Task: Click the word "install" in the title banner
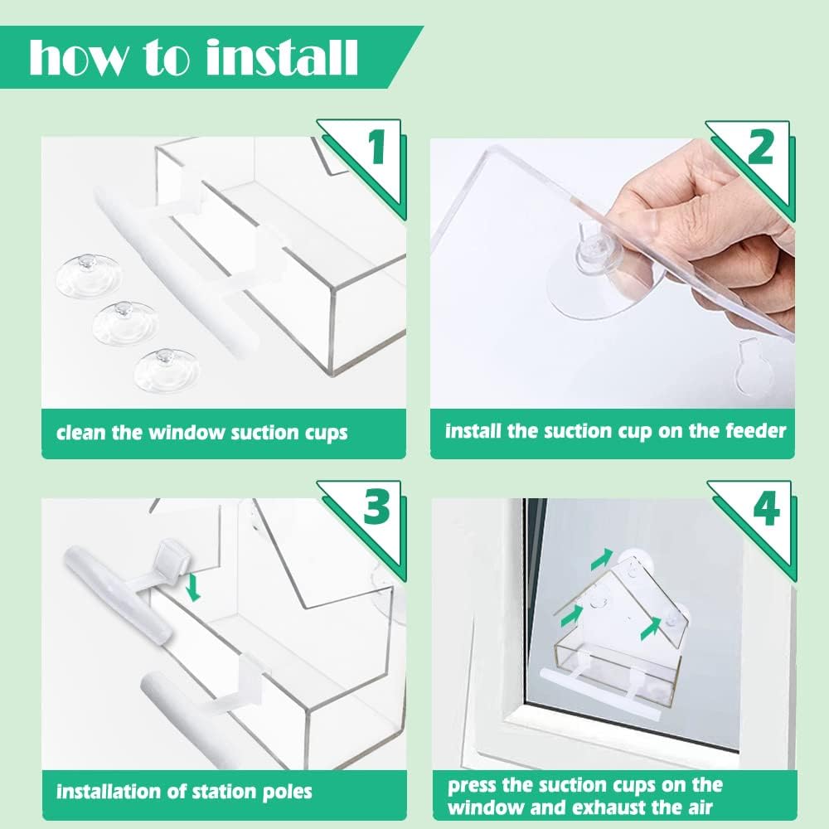(x=282, y=57)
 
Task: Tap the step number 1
(x=376, y=147)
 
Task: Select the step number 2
(x=761, y=148)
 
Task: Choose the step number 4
(x=767, y=508)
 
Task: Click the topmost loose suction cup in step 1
(x=89, y=275)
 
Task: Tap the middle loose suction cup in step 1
(x=125, y=322)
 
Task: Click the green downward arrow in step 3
(x=194, y=588)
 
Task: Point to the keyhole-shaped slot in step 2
(x=752, y=366)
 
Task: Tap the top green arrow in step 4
(x=601, y=560)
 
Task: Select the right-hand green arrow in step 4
(x=650, y=628)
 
